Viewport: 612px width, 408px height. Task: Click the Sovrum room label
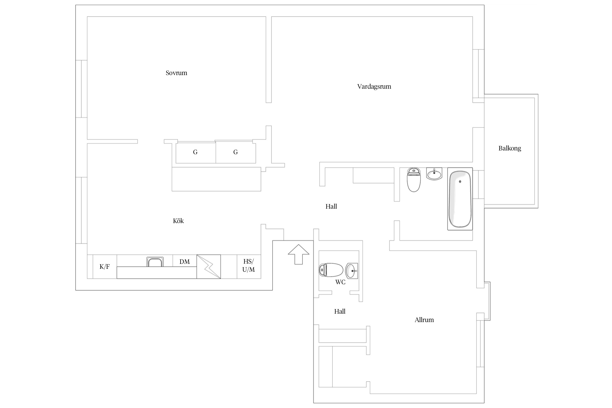point(176,73)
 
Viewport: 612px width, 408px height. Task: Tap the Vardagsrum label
point(374,86)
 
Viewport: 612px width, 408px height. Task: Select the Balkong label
point(509,149)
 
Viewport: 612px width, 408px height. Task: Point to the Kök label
point(178,221)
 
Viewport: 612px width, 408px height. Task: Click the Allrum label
point(424,320)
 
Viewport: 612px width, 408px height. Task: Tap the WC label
point(340,282)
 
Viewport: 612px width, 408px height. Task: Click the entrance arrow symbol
point(298,254)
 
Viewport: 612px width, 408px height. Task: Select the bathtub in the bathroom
point(460,199)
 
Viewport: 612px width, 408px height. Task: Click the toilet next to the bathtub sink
point(414,180)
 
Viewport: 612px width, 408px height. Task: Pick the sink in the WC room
point(352,271)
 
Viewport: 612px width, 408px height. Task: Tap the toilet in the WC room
point(331,270)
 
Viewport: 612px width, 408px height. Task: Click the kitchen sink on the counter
point(155,262)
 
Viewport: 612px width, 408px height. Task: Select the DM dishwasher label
point(184,262)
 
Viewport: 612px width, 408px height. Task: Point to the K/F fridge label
point(104,267)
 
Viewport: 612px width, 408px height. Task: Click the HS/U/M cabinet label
point(248,265)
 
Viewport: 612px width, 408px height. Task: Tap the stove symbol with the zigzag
point(209,267)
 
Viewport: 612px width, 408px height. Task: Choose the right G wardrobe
point(236,152)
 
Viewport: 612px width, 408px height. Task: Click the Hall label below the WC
point(340,311)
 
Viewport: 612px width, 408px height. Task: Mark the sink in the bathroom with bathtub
point(434,174)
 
